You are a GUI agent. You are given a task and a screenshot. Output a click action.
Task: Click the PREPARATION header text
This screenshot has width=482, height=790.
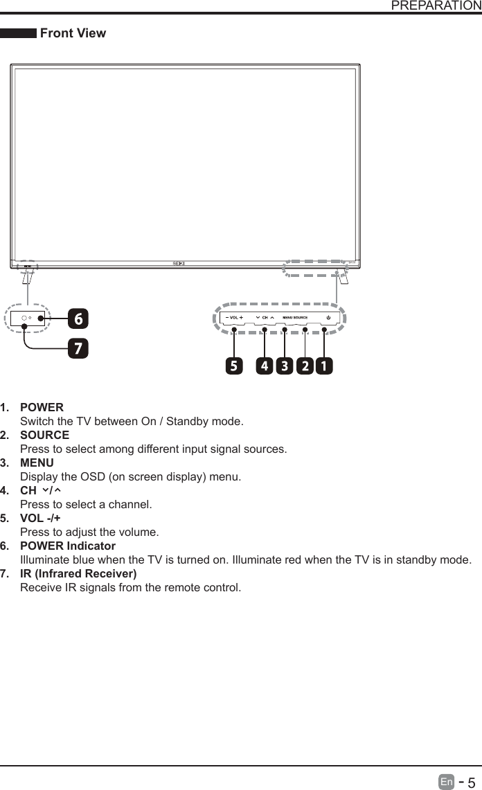pos(436,6)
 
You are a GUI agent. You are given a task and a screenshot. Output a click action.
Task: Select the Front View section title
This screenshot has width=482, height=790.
pos(73,33)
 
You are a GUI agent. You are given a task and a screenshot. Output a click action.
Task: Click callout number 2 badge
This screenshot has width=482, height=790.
pos(304,366)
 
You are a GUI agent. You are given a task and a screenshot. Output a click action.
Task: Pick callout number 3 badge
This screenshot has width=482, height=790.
pos(284,366)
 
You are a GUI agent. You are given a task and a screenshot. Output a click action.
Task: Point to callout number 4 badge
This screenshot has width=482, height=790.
pos(264,366)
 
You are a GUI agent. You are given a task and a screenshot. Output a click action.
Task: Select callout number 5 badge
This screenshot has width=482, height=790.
pos(234,366)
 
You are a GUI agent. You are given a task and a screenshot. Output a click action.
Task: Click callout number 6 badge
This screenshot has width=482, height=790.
pos(78,319)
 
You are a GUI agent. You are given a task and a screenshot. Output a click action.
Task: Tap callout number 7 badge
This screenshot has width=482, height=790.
pos(78,348)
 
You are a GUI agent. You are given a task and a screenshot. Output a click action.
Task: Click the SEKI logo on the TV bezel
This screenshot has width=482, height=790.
pos(179,263)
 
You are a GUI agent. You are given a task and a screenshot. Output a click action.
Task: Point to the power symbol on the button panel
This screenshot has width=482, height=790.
pos(328,318)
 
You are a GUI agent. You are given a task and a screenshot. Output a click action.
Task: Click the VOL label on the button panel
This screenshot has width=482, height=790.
pos(234,318)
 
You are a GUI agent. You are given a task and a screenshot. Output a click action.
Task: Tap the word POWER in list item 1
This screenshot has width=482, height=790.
pos(42,407)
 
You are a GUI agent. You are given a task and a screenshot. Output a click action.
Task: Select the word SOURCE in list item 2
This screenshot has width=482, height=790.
pos(44,435)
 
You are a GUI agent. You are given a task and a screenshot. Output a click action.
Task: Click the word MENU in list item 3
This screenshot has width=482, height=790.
pos(37,463)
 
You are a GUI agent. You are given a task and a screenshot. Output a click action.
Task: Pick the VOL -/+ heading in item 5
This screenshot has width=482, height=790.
pos(40,518)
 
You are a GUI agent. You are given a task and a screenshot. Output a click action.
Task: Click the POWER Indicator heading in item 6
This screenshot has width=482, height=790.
pos(68,546)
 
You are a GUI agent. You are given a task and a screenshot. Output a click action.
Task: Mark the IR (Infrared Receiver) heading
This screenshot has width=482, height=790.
pos(78,573)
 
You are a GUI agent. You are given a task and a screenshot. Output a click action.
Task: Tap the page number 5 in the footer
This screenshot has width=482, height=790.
pos(471,782)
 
